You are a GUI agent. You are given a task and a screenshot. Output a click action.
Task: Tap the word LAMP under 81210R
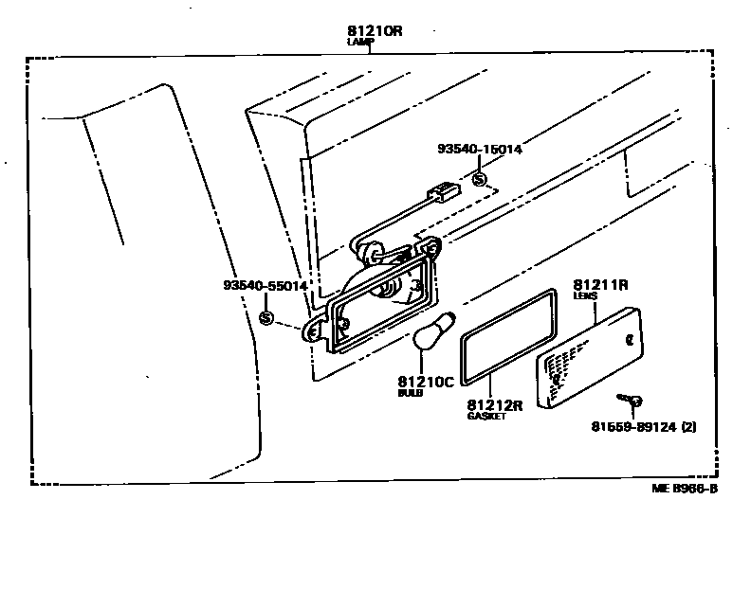361,43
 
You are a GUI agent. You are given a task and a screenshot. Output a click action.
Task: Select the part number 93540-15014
480,149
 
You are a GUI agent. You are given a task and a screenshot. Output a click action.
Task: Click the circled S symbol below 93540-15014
480,178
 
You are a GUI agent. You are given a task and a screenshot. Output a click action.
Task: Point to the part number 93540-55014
266,285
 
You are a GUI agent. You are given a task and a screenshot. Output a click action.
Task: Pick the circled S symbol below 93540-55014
266,317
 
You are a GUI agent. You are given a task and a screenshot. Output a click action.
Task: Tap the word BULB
411,393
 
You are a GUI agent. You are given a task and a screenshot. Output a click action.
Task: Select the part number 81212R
495,405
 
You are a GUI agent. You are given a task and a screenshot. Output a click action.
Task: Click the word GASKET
486,417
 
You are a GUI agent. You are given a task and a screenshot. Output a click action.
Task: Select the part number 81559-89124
635,427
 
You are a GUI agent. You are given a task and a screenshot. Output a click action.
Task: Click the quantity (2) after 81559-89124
688,427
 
